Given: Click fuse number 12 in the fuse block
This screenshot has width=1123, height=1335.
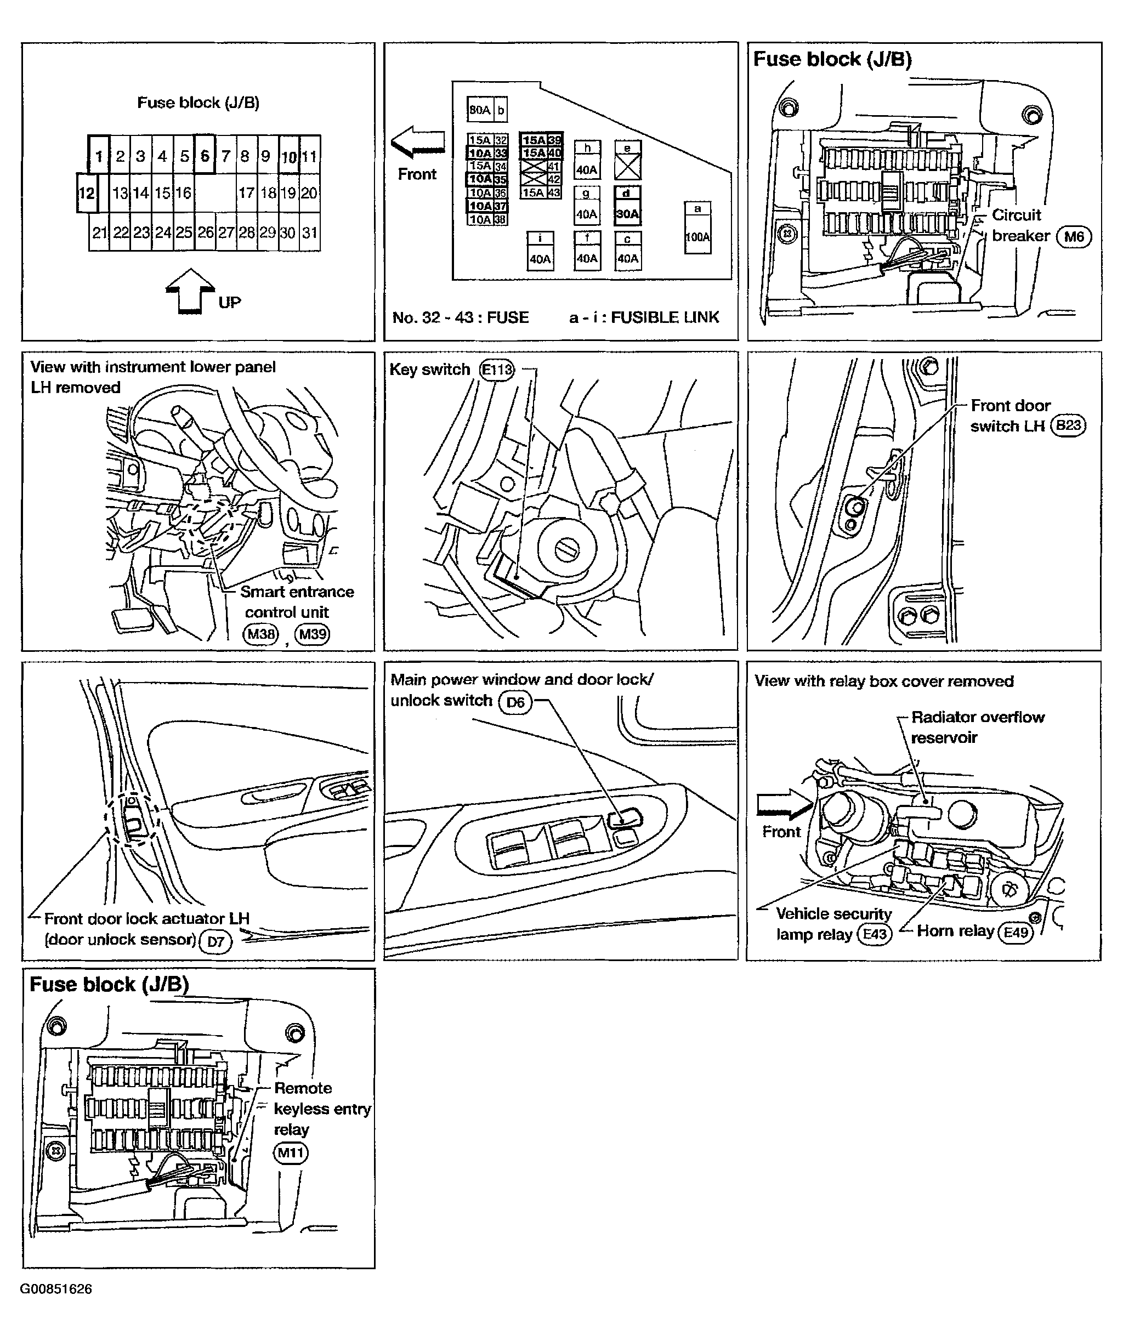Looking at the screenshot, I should [86, 193].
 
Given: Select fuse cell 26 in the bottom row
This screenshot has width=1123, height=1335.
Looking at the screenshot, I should [205, 232].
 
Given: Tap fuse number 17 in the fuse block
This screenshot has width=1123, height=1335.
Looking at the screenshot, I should [246, 193].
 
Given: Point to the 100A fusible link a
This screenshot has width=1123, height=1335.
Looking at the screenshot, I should [697, 236].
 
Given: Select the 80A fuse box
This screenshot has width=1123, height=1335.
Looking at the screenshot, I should [479, 110].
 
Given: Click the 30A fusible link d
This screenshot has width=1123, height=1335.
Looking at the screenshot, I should [627, 214].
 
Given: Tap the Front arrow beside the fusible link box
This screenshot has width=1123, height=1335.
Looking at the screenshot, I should [418, 142].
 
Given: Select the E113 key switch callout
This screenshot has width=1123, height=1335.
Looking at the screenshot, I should [497, 370].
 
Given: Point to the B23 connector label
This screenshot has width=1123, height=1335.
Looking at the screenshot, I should [1068, 425].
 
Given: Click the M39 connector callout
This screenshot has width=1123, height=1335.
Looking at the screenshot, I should [312, 633].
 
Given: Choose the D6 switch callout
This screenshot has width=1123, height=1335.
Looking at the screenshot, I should [515, 702].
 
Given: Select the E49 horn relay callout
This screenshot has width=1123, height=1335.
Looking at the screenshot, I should [1016, 932].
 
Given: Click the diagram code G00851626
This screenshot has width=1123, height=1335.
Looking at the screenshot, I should [56, 1289].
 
